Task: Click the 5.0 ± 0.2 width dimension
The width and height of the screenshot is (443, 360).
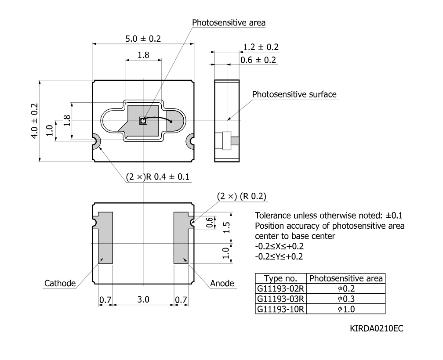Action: tap(143, 39)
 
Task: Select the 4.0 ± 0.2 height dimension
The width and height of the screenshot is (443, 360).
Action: tap(34, 121)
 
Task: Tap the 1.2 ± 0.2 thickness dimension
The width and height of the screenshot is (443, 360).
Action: tap(261, 47)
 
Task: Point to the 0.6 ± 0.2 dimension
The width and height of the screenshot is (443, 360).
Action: tap(258, 60)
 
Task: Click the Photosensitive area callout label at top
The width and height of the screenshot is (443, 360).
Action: tap(229, 22)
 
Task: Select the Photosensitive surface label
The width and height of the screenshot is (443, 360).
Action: tap(294, 94)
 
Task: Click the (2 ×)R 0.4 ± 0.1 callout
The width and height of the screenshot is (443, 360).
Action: tap(158, 177)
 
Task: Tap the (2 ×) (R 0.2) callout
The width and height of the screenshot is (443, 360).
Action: tap(242, 196)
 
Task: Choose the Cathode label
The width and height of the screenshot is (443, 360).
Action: tap(60, 283)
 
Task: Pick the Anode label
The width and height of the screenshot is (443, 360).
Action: tap(222, 283)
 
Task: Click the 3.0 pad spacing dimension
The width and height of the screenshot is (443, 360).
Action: tap(143, 299)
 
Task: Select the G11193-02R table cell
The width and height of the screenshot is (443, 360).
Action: tap(280, 288)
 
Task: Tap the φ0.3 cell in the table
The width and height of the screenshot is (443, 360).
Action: tap(346, 299)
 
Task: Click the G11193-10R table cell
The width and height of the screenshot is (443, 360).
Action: tap(280, 309)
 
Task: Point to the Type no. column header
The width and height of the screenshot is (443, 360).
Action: tap(280, 278)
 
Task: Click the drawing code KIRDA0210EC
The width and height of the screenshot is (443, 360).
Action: tap(376, 329)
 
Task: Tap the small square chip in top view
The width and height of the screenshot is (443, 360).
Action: tap(144, 121)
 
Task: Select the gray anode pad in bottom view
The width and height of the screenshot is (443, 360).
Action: tap(181, 238)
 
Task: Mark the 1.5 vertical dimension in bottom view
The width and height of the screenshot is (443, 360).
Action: tap(227, 227)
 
